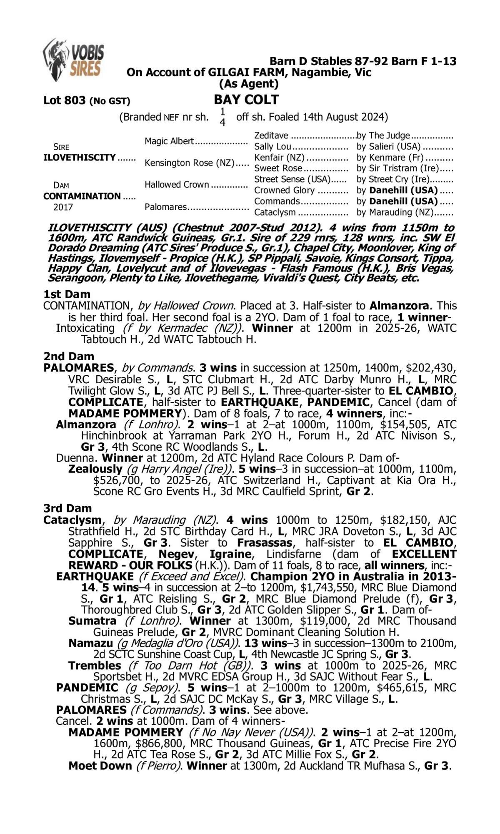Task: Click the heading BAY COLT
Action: coord(246,100)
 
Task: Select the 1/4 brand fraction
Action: coord(222,117)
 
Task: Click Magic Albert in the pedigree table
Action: coord(169,141)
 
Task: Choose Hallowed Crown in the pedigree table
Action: coord(177,184)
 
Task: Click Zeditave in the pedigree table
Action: coord(271,136)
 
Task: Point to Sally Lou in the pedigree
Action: coord(272,146)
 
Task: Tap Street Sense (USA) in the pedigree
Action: coord(292,179)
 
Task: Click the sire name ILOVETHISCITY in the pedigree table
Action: coord(80,158)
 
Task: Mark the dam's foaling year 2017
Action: coord(62,207)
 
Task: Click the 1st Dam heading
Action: coord(67,294)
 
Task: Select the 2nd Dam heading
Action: coord(69,356)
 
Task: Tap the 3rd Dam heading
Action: coord(67,508)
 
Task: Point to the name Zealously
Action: coord(95,469)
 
